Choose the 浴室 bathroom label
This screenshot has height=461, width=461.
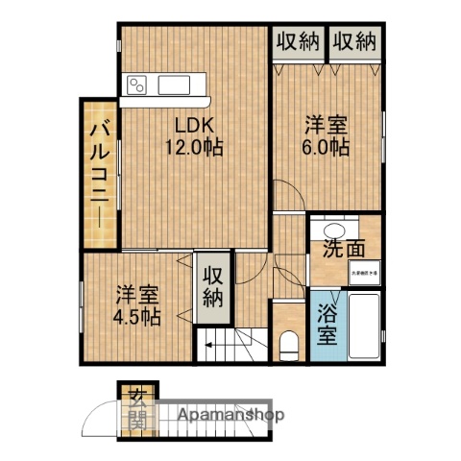(x=328, y=327)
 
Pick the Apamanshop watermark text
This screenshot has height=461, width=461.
(x=228, y=416)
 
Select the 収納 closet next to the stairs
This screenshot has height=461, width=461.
(x=213, y=286)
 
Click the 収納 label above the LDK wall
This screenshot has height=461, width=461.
(x=298, y=41)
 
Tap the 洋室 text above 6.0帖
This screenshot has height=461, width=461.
(x=328, y=125)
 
